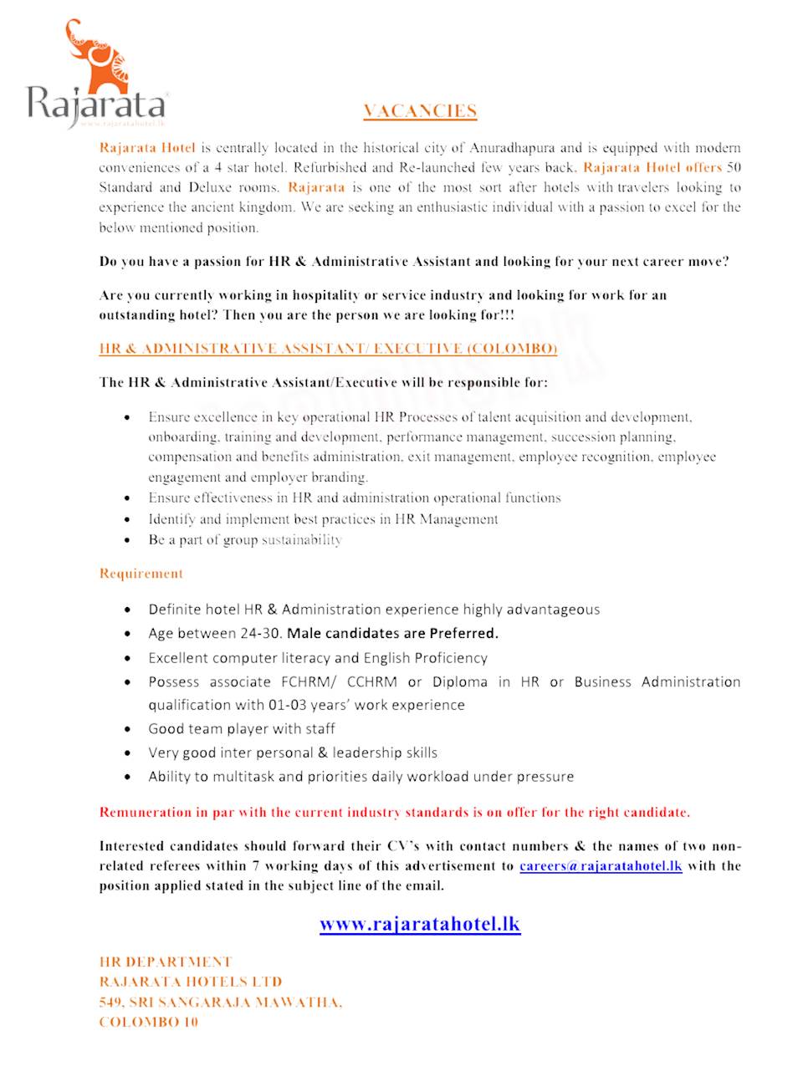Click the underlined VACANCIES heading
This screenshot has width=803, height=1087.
pos(420,110)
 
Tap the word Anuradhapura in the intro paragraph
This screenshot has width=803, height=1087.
pos(512,148)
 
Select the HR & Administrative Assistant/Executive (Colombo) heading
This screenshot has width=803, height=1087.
pos(328,349)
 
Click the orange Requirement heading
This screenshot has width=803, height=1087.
pos(141,574)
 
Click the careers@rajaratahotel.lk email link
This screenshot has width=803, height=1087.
pos(601,865)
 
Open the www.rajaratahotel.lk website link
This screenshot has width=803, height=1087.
pos(420,924)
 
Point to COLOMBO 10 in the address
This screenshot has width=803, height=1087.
pos(148,1022)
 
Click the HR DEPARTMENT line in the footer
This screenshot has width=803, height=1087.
pos(166,962)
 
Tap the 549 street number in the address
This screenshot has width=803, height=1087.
pos(111,1002)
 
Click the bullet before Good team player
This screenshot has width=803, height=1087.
pos(127,729)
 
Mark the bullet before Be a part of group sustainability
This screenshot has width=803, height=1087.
pos(127,540)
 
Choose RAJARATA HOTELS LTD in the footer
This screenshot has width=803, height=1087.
pos(191,982)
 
